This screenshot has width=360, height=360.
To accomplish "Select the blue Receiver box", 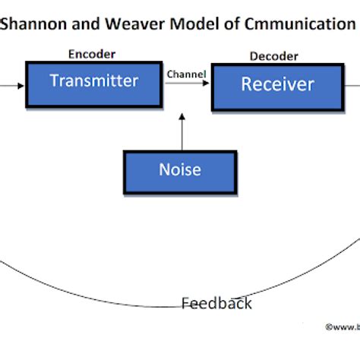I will click(x=276, y=86).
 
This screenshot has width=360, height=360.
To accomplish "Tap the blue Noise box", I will click(x=179, y=171).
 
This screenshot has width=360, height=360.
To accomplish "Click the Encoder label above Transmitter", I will click(x=92, y=54).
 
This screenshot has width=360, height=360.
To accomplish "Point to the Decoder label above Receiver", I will click(x=273, y=56).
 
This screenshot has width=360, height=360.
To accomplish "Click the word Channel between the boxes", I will click(x=186, y=74).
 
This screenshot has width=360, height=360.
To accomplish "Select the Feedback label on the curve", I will click(x=216, y=304).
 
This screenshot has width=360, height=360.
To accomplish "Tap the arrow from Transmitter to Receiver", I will click(x=186, y=84).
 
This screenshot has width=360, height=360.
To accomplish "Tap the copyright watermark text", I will click(x=342, y=327).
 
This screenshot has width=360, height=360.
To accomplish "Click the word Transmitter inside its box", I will click(x=94, y=81).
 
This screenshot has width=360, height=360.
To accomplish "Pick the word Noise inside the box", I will click(x=179, y=169).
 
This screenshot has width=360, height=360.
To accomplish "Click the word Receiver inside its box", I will click(x=277, y=84).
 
